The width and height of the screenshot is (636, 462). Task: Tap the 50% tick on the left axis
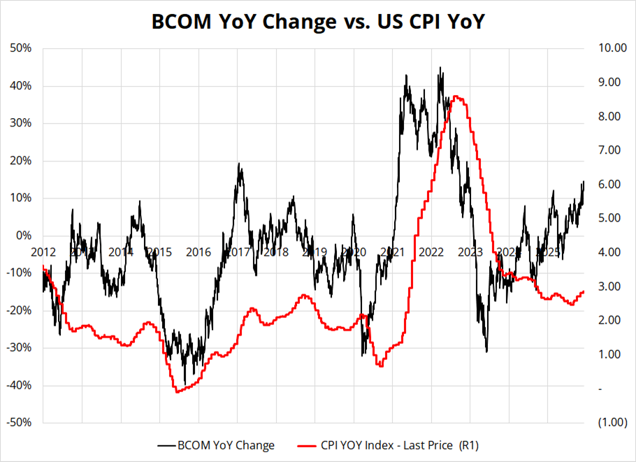[22, 48]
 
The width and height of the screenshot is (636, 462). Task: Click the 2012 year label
[43, 252]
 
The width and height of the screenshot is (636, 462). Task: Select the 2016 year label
[198, 252]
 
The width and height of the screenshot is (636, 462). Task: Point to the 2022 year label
[431, 252]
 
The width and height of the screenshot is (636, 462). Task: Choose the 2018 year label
[276, 252]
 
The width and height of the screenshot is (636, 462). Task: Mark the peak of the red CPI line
[456, 96]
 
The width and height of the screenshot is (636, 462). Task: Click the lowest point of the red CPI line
[177, 392]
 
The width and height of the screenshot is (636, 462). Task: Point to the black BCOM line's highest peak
[440, 68]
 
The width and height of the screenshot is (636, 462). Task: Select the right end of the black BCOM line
[584, 182]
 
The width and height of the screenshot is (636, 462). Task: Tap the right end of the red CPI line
[584, 292]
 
